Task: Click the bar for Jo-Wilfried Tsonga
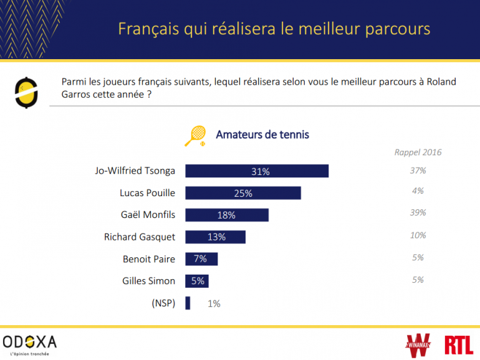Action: tap(257, 171)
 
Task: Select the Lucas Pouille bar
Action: tap(243, 193)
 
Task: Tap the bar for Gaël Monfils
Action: tap(227, 215)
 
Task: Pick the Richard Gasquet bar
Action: tap(216, 237)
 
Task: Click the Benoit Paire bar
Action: tap(201, 258)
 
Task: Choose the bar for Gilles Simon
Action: tap(197, 281)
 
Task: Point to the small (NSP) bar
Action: tap(188, 303)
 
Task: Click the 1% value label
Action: tap(214, 304)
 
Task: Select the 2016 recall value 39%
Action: tap(418, 213)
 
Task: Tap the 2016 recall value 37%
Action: tap(418, 170)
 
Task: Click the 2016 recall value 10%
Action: tap(418, 235)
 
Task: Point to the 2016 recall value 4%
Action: tap(418, 191)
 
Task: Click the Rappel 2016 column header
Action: tap(418, 152)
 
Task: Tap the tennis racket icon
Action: tap(196, 135)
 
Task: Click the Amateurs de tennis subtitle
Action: tap(262, 135)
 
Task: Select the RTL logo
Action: tap(459, 344)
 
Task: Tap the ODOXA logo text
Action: tap(29, 341)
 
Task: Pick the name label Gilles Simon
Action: tap(148, 281)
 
